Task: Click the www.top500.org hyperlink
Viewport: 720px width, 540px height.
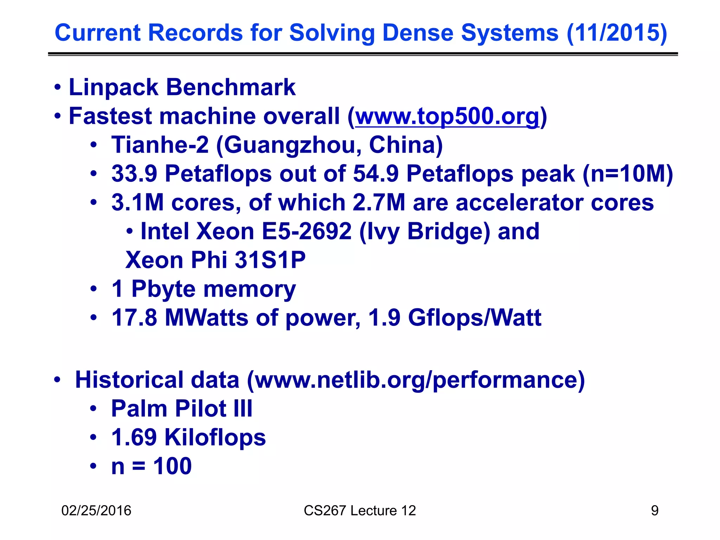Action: point(447,116)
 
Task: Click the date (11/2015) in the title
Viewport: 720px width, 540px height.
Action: point(617,33)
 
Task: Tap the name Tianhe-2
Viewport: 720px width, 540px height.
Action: point(160,145)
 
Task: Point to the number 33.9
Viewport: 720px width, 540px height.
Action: point(134,174)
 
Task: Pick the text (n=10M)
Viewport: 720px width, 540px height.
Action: point(628,174)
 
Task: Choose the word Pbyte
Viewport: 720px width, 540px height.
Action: point(163,289)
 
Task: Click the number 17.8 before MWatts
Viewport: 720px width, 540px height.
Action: point(134,318)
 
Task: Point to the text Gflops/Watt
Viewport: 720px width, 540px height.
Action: point(475,318)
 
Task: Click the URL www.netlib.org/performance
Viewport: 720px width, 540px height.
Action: point(416,380)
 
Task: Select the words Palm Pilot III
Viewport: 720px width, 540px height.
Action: point(182,409)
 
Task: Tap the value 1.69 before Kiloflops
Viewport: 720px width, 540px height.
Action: point(134,438)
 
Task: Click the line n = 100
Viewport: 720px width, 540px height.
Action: point(151,467)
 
